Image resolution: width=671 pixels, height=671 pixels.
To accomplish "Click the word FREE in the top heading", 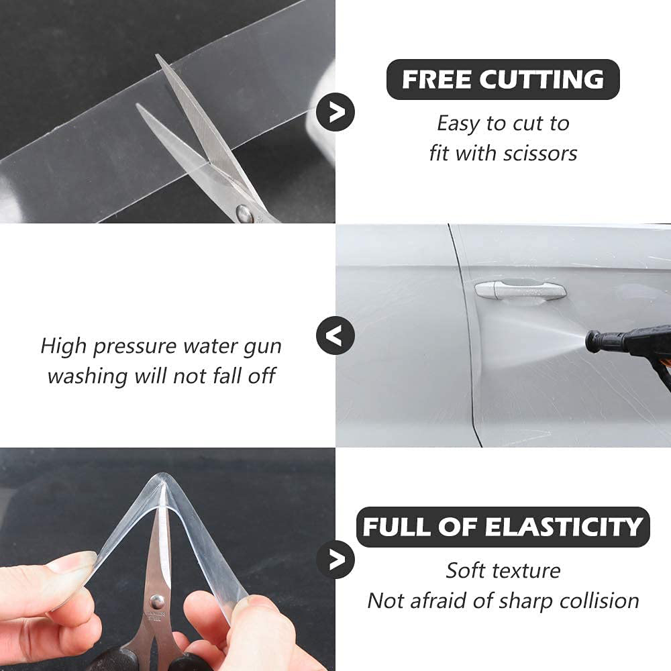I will pyautogui.click(x=436, y=80).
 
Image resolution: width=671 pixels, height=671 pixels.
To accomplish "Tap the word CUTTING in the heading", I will pyautogui.click(x=541, y=80).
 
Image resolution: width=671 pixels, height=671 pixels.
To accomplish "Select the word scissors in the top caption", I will pyautogui.click(x=541, y=153).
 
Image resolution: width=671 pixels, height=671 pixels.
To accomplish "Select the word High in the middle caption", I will pyautogui.click(x=64, y=346).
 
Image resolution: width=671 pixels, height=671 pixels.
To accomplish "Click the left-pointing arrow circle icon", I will pyautogui.click(x=335, y=333).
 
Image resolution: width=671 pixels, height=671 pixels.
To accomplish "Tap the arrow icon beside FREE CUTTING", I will pyautogui.click(x=335, y=111).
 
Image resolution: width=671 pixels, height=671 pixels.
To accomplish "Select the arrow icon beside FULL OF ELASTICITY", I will pyautogui.click(x=335, y=558).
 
